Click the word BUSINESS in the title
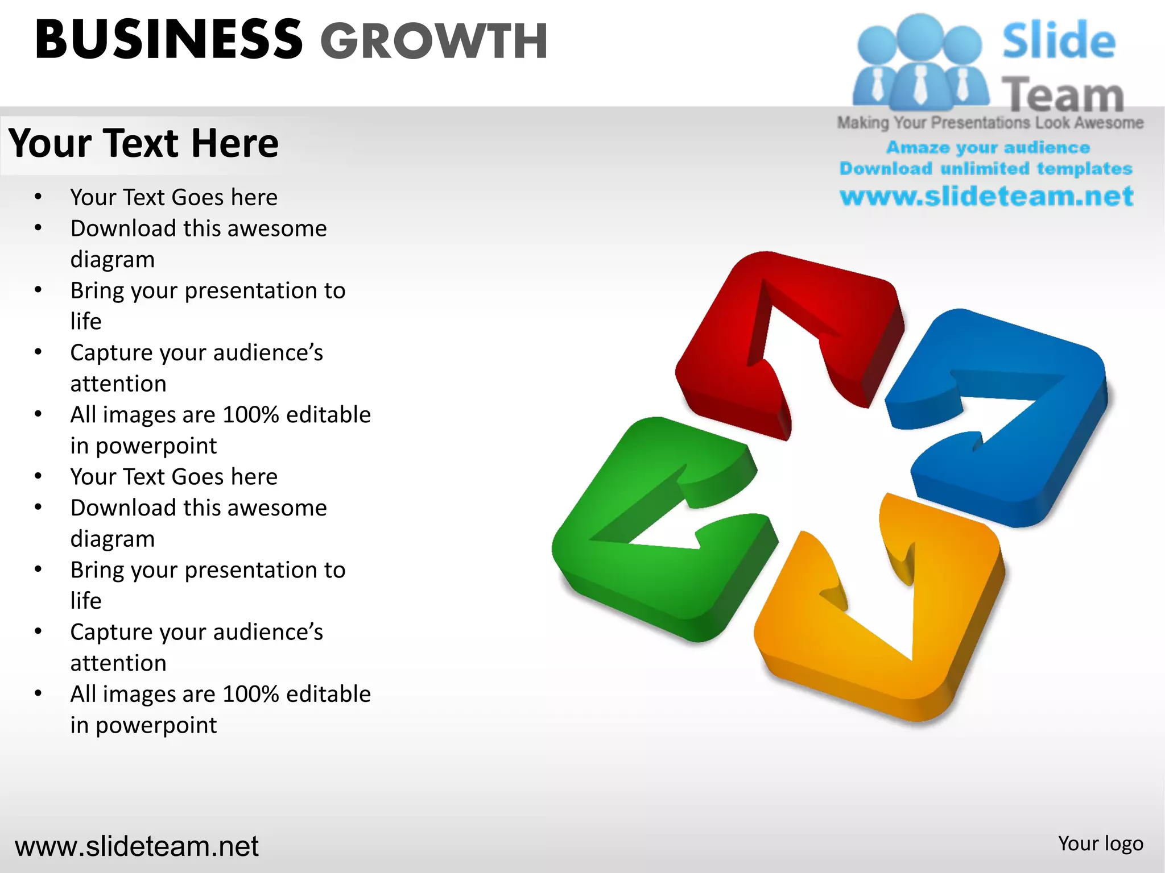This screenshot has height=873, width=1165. [x=168, y=40]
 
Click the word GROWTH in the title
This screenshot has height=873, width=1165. [x=433, y=41]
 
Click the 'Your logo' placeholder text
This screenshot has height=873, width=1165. [x=1100, y=843]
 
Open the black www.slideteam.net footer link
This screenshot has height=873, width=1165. [x=137, y=846]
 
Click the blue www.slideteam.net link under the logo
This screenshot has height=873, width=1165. [x=986, y=196]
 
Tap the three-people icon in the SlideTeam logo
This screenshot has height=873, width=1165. [x=919, y=63]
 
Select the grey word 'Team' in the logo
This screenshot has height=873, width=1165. [x=1063, y=94]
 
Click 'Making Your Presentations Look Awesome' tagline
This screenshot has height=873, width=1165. [x=990, y=123]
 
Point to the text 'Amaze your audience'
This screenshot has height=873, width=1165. [x=988, y=148]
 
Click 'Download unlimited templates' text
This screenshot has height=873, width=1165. [x=986, y=169]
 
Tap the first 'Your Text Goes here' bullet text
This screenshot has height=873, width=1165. [x=173, y=197]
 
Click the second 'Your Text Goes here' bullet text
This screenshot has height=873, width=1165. [x=173, y=476]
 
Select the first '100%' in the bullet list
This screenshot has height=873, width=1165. [x=250, y=415]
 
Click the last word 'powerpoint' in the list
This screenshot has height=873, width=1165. [x=156, y=725]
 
